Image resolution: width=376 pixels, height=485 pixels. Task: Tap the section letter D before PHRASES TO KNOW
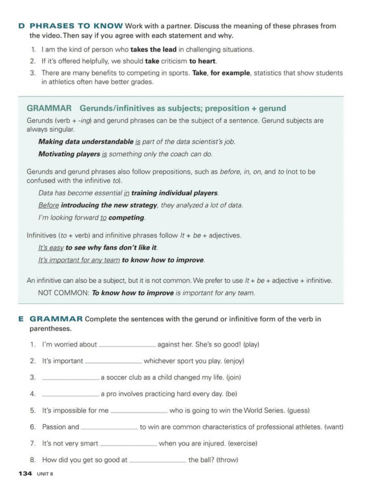21,26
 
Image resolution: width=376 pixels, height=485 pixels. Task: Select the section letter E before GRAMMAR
21,319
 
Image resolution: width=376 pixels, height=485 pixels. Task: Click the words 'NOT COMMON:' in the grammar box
63,293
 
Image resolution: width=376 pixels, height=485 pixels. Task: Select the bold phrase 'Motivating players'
69,153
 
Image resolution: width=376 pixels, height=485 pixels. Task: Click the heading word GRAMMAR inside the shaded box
49,108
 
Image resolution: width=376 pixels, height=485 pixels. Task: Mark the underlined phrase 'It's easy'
50,247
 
